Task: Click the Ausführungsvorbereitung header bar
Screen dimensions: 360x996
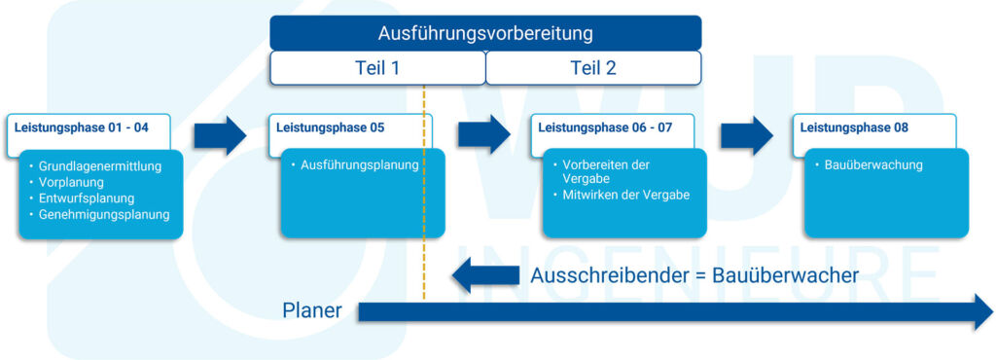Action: [x=485, y=33]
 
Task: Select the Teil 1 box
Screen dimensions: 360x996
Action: [x=376, y=68]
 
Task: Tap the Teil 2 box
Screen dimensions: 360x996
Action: [x=592, y=68]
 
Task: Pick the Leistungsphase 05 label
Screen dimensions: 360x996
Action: [x=330, y=126]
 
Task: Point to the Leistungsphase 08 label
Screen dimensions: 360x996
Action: [x=853, y=126]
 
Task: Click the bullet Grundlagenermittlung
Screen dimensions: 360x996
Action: [x=99, y=166]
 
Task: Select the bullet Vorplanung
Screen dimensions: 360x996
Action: [x=71, y=182]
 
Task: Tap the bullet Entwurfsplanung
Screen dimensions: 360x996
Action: [x=86, y=198]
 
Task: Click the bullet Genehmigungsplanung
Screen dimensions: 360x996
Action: [x=104, y=214]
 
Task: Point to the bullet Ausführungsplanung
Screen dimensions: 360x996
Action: [x=360, y=165]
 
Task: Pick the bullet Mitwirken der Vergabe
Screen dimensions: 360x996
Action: [x=625, y=195]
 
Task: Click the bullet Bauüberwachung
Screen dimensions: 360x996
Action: [x=872, y=165]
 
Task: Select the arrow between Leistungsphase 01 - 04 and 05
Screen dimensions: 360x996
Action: [x=220, y=136]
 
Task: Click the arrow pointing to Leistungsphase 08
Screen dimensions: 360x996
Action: [x=747, y=136]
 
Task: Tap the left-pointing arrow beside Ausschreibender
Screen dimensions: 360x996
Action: [x=485, y=275]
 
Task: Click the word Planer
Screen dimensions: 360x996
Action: [x=312, y=311]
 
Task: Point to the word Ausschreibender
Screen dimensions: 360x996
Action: [x=605, y=275]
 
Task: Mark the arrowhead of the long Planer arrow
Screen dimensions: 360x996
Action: [x=977, y=312]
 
